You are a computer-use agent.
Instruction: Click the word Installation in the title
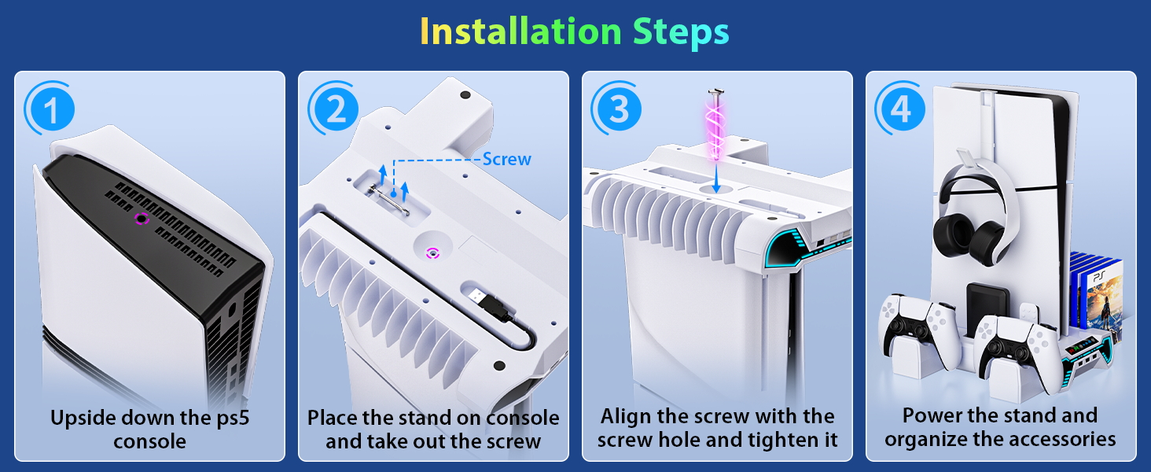tap(521, 31)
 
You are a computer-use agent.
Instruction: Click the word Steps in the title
tap(681, 33)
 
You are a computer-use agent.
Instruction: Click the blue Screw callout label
tap(506, 160)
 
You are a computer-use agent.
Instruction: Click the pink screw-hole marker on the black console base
tap(142, 219)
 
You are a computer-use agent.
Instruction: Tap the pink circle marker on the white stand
tap(432, 253)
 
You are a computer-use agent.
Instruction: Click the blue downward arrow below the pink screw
tap(716, 177)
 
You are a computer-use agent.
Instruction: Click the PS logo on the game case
tap(1098, 277)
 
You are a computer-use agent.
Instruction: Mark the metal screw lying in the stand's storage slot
tap(389, 201)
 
